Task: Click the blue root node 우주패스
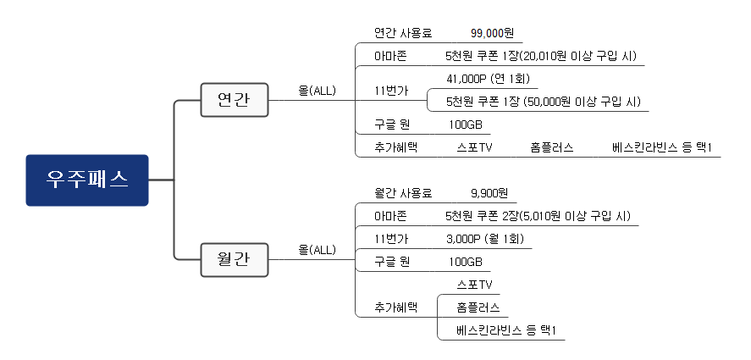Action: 87,180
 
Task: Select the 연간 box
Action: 234,100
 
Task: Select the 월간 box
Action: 234,259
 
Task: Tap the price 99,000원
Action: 492,33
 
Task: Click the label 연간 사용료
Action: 403,33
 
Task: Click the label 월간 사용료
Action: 403,192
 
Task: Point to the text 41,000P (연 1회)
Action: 488,79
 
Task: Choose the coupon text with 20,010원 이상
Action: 541,56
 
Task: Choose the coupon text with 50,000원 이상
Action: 544,102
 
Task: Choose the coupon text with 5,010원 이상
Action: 538,215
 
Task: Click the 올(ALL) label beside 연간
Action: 317,91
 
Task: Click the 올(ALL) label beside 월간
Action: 317,250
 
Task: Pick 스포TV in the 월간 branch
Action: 474,284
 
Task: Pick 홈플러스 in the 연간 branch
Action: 552,147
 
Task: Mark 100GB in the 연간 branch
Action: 465,125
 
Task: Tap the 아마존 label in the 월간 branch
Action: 390,215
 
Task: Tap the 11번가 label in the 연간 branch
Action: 390,91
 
